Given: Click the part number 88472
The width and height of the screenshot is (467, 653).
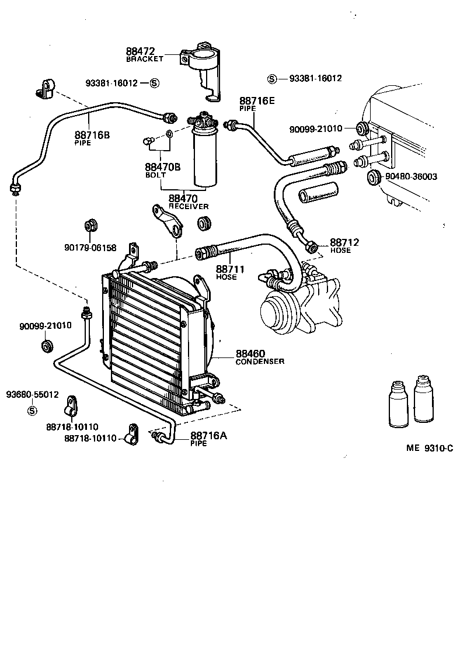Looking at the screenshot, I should point(141,52).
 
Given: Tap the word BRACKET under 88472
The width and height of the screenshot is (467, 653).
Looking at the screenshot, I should point(145,60).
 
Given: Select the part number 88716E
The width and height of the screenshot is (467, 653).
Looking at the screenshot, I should point(257,101).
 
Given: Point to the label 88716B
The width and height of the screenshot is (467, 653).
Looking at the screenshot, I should point(92,135).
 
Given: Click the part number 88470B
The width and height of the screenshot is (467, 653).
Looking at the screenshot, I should point(162,167).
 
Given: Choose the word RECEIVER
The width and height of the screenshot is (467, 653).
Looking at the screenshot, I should point(189,207).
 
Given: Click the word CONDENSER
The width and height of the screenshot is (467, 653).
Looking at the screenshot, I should point(260,362).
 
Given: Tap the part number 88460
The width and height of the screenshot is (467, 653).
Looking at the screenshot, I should point(250,353).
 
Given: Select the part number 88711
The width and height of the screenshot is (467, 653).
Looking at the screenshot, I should point(230,269).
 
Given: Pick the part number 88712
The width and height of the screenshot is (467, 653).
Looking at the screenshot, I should point(344,242).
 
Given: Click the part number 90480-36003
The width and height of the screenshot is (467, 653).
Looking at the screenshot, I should point(410,176).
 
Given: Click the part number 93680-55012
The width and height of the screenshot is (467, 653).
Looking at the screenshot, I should point(33,394).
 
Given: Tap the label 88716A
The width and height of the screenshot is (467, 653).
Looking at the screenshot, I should point(208,436).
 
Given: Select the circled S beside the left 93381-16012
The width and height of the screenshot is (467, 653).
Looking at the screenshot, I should point(154,84).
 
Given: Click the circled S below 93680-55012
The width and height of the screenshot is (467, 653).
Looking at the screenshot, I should point(32,411).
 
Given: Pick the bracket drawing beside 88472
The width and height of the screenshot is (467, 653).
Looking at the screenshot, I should point(202,67).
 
